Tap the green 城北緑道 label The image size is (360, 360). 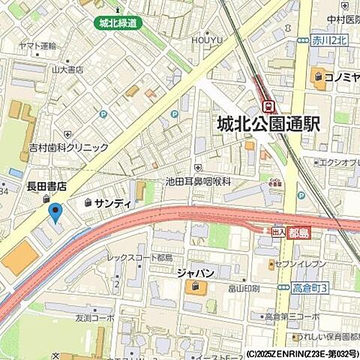pos(118,23)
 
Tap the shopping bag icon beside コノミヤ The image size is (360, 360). pos(319,76)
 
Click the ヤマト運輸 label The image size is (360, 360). pos(38,46)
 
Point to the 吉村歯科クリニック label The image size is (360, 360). pos(68,148)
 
